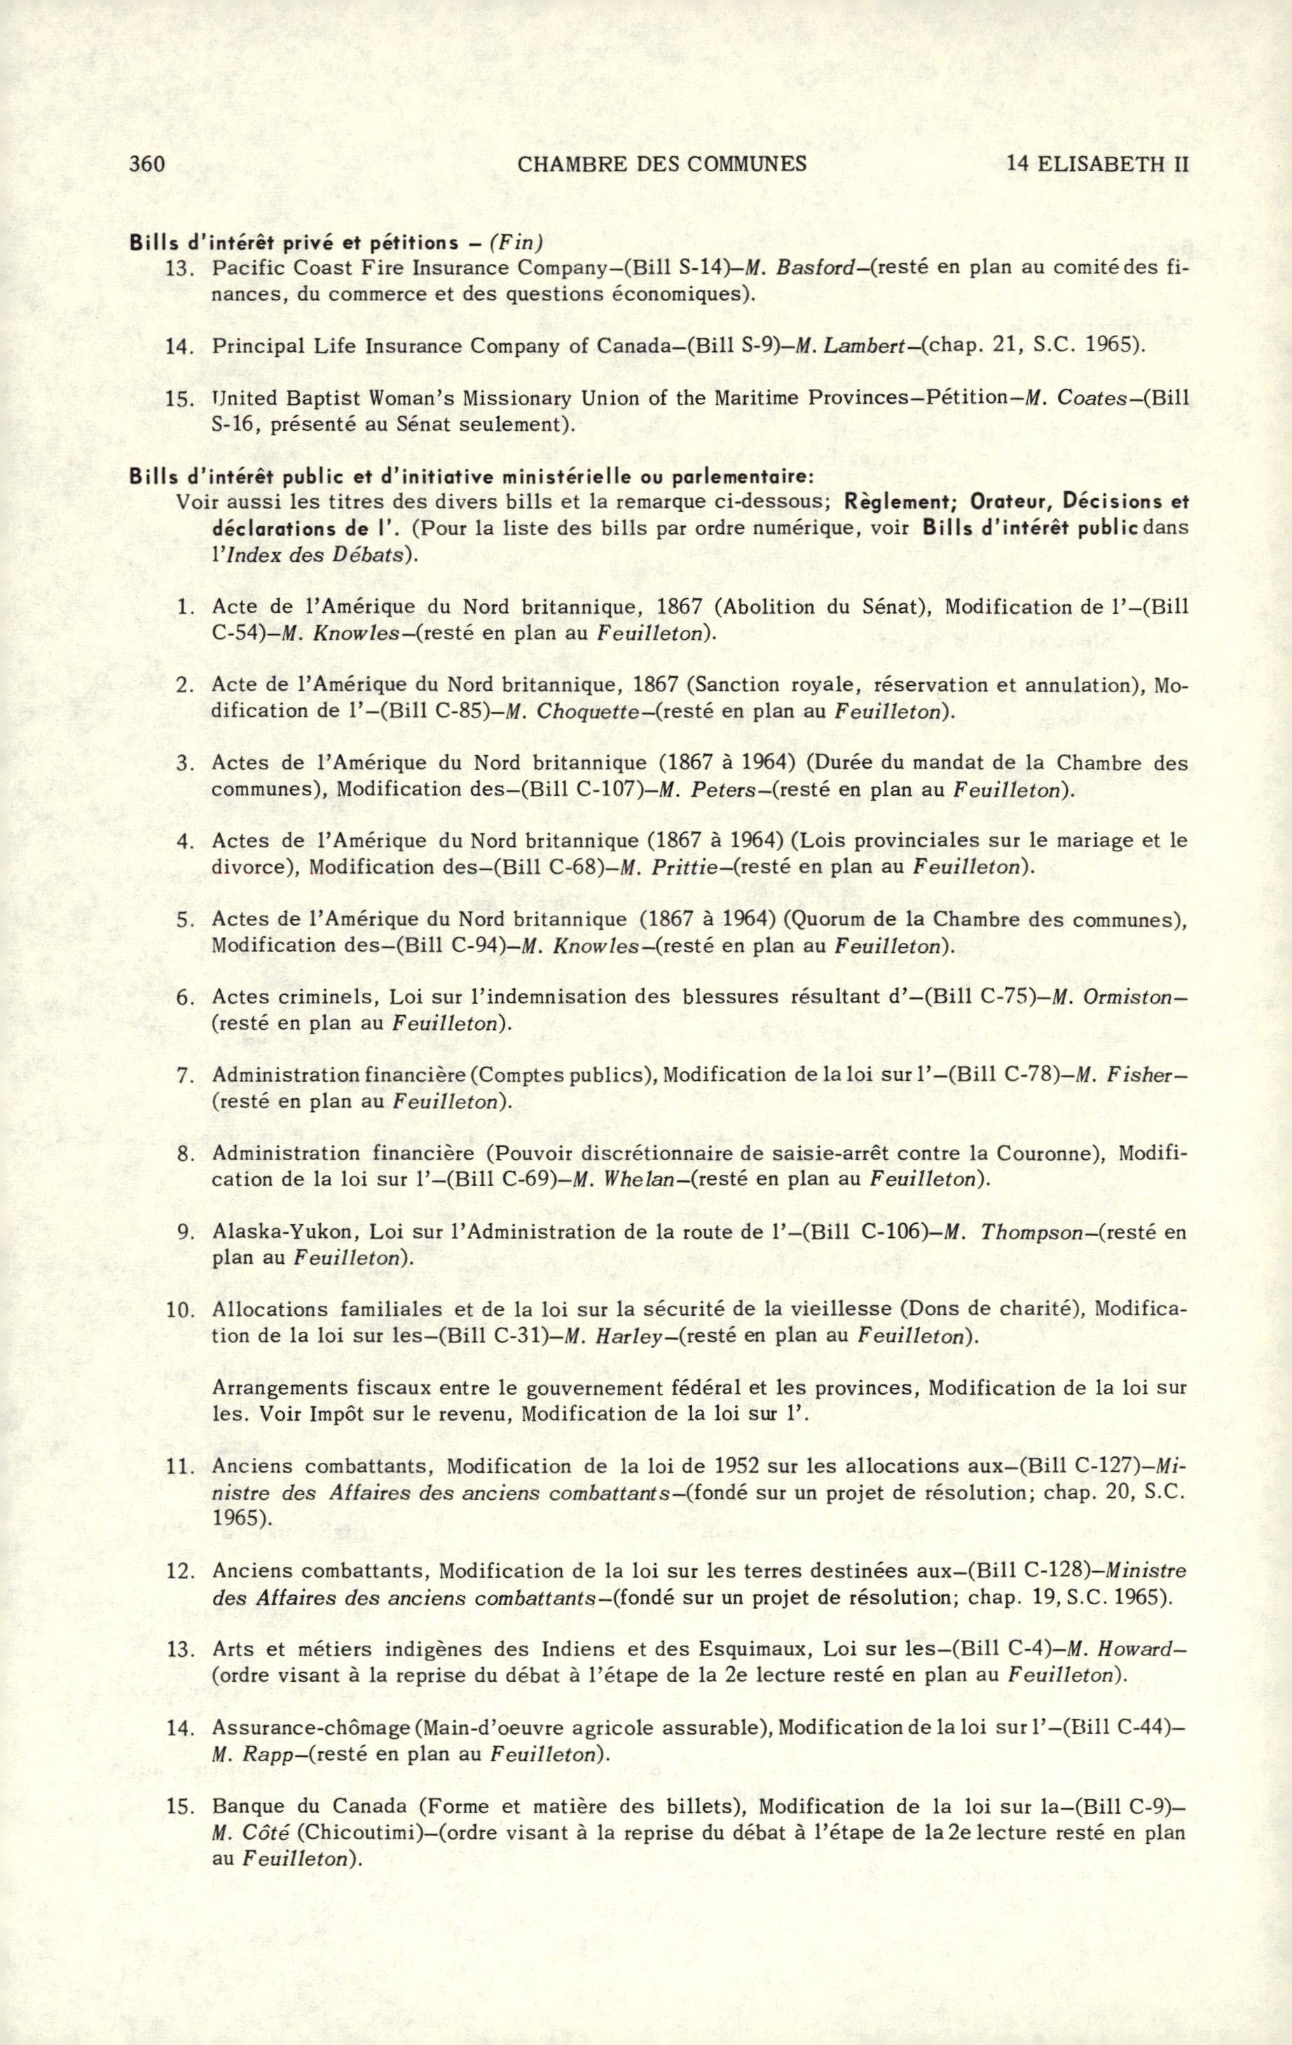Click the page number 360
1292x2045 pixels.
146,164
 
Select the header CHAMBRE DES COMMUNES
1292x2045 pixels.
661,164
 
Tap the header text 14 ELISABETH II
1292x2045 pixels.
1097,164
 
